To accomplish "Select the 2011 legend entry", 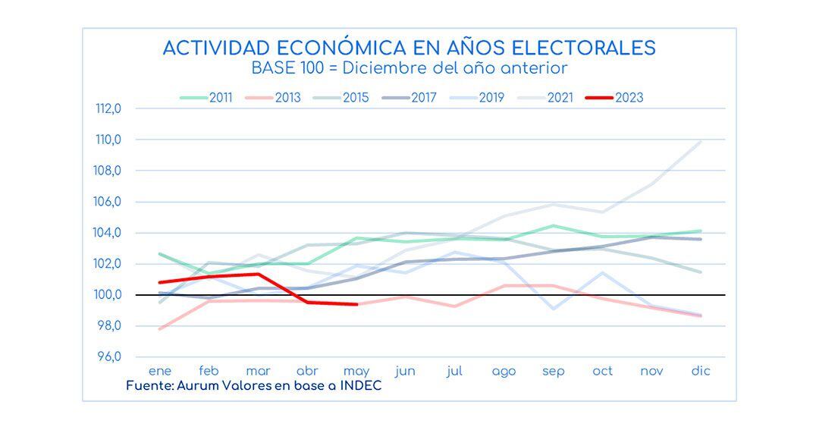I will (206, 97).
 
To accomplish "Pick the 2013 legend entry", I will (275, 97).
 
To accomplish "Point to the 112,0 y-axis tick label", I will (108, 108).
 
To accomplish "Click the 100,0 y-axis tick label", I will (108, 295).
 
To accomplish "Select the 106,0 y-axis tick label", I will (108, 202).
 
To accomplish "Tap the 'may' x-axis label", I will (356, 372).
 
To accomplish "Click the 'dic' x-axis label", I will (700, 371).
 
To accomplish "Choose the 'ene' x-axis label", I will (160, 371).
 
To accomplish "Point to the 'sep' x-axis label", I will (553, 372).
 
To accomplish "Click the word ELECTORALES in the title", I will (584, 48).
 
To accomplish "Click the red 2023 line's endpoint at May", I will (356, 304).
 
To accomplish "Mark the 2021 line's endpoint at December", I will (700, 142).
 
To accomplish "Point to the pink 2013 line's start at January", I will (160, 329).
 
